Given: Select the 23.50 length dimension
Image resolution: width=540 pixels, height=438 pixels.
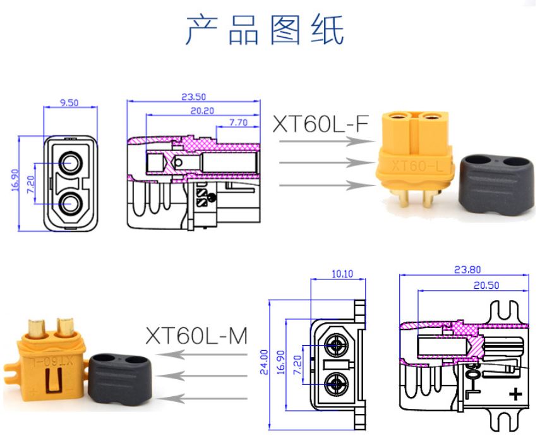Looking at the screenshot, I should coord(194,97).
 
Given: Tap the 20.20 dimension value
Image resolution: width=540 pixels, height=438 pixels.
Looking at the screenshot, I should coord(203,110).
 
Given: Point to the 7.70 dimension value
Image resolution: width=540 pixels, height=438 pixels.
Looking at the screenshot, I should coord(238,122).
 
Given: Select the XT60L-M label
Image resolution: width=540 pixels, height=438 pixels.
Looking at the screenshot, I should coord(196,335).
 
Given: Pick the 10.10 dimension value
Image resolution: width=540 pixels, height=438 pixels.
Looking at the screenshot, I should coord(342,274).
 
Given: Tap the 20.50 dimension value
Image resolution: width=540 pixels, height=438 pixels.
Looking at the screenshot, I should coord(486,285).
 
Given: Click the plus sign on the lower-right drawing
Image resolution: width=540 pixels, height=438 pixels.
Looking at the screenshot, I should coord(516,394).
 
